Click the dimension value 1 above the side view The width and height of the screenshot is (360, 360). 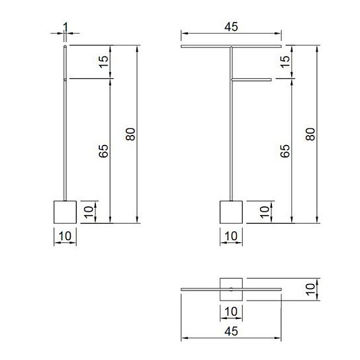[66, 27]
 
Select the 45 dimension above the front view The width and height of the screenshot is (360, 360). [231, 27]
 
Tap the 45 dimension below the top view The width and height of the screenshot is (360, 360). [231, 332]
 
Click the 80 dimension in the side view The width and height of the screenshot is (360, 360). [130, 134]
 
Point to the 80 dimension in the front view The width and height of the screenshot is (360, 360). [310, 134]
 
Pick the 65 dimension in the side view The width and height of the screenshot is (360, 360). [103, 151]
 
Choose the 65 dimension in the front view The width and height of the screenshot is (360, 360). [285, 151]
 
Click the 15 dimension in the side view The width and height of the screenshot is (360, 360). [103, 62]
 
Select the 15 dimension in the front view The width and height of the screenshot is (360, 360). [285, 62]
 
